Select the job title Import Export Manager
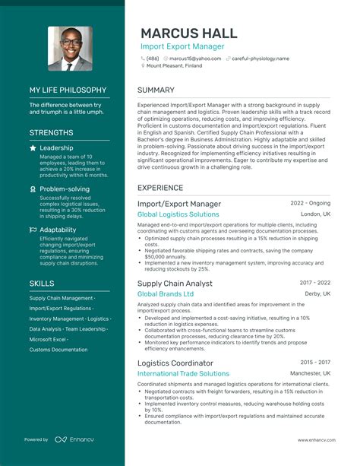[x=182, y=47]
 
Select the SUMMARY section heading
[x=156, y=90]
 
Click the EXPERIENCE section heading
[x=160, y=187]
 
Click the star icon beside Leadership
[x=33, y=148]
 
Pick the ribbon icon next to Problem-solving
[x=33, y=189]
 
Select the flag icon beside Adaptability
[x=33, y=230]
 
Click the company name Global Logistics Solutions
[x=178, y=214]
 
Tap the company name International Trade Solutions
[x=183, y=373]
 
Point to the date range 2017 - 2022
[x=315, y=283]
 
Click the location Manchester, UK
[x=310, y=373]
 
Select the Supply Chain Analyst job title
[x=175, y=284]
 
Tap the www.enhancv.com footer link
[x=309, y=439]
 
